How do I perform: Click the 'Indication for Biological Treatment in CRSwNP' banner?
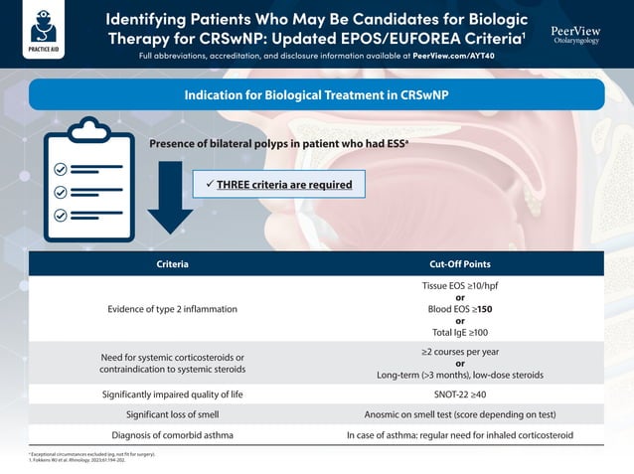point(317,95)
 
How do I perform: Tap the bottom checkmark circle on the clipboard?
point(61,215)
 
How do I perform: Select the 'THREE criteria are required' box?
point(272,184)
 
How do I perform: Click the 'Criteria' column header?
point(173,264)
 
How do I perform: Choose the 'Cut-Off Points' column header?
point(459,264)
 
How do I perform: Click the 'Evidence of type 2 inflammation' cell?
point(173,309)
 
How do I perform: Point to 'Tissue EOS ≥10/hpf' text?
point(459,286)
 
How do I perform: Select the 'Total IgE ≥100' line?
point(459,332)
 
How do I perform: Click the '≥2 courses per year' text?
point(459,352)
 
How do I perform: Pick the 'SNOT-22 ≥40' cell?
point(459,395)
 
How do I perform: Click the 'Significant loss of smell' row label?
point(173,414)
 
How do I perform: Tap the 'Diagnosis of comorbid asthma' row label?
point(173,435)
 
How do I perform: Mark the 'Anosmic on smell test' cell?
point(459,414)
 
